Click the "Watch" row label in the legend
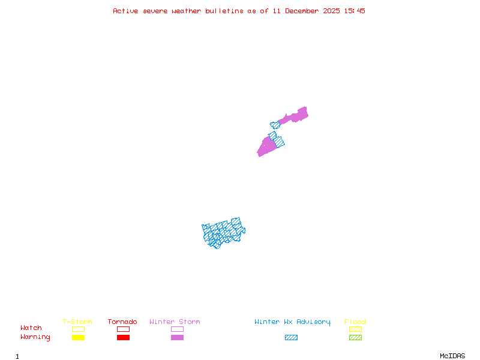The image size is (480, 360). pos(31,328)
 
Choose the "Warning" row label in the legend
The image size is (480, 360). pos(35,337)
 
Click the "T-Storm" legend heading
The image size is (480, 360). pos(77,322)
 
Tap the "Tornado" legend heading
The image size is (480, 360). pos(122,322)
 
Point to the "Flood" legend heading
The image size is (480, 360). pos(355,322)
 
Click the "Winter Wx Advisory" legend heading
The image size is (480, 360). pos(292,322)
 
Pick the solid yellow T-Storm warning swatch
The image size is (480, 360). pos(78,337)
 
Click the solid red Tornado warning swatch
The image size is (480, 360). pos(123,337)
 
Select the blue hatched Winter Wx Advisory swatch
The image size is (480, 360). pos(291,337)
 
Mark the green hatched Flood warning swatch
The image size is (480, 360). pos(355,337)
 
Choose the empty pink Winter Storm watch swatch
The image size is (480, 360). pos(177,329)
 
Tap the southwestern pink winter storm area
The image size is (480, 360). pos(266,146)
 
